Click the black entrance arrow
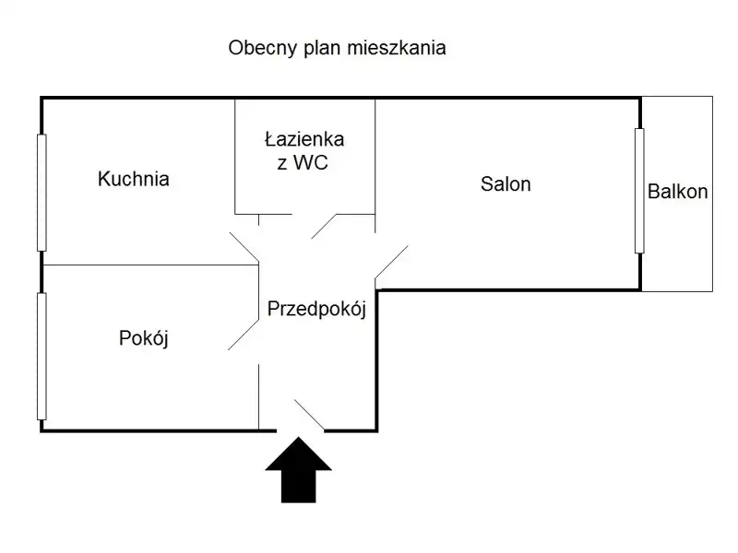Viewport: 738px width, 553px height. tap(298, 470)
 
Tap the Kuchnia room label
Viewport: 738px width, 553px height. tap(134, 180)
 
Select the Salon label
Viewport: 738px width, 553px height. tap(506, 184)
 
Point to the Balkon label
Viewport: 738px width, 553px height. tap(678, 193)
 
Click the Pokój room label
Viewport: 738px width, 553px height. tap(144, 338)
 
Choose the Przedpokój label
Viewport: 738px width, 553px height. tap(316, 310)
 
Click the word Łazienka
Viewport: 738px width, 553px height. tap(304, 140)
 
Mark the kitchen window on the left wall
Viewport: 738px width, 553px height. tap(41, 192)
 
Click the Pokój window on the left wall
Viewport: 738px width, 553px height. tap(41, 356)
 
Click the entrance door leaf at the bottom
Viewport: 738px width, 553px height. tap(309, 415)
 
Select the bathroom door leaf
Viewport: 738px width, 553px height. tap(326, 227)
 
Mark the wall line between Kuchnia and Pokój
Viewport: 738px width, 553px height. tap(148, 265)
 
